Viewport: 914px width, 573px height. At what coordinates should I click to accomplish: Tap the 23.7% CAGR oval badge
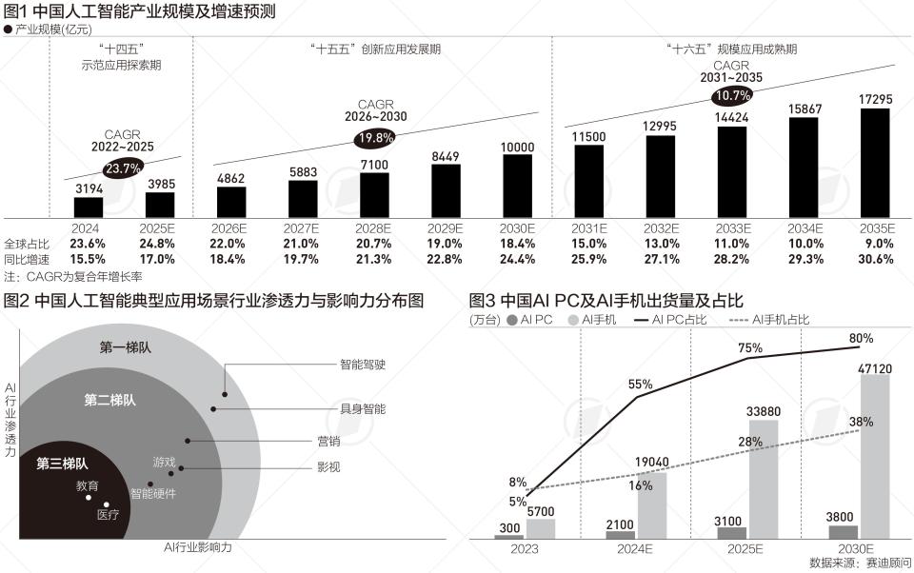click(x=124, y=168)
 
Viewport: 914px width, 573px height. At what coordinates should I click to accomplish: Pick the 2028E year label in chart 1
click(x=374, y=228)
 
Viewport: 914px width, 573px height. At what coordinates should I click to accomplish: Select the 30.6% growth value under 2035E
click(x=874, y=259)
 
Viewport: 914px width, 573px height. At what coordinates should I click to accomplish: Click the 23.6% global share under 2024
click(x=89, y=244)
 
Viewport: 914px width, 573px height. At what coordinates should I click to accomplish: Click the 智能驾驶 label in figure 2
click(x=363, y=364)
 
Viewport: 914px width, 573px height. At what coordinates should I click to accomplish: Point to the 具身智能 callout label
click(x=363, y=407)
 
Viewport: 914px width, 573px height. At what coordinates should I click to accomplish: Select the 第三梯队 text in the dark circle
click(x=62, y=464)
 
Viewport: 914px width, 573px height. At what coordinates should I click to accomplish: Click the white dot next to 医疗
click(x=107, y=505)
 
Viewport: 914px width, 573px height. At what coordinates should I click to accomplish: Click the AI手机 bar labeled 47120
click(x=874, y=456)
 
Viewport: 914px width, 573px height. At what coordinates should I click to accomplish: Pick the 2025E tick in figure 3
click(x=746, y=549)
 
